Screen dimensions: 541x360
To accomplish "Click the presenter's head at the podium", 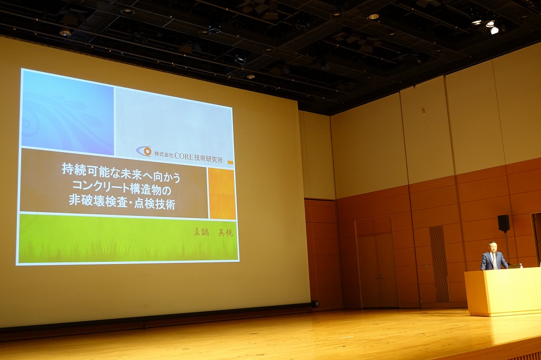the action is click(492, 247).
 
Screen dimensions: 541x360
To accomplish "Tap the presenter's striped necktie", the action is click(494, 261).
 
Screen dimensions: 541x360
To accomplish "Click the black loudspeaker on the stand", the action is click(503, 223).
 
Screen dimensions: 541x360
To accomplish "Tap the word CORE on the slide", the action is click(184, 156).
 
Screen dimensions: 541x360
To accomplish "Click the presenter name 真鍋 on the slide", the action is click(201, 232).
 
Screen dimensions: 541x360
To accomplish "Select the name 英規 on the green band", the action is click(226, 232).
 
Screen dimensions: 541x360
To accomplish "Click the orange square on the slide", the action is click(222, 193).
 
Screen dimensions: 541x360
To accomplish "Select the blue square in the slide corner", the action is click(68, 112).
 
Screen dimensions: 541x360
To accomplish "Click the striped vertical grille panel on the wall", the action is click(439, 264).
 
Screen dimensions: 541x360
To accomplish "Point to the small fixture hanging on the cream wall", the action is click(423, 111).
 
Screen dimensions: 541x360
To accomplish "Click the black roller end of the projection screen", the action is click(315, 304).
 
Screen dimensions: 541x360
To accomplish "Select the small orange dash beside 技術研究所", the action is click(230, 163).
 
